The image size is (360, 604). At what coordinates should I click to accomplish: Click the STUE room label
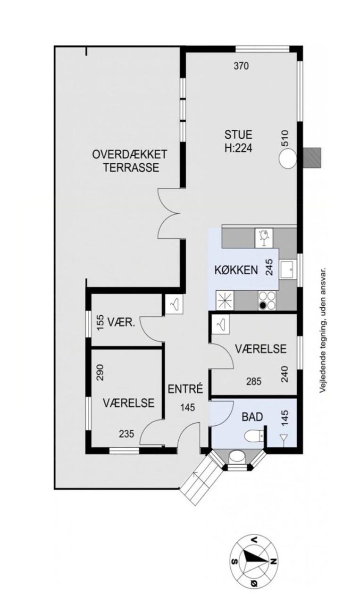pos(238,134)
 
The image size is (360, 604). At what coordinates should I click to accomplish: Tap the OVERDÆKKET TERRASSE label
pos(130,161)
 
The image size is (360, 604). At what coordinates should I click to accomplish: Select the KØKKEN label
pos(236,270)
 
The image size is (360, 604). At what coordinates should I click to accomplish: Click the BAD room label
pos(252,417)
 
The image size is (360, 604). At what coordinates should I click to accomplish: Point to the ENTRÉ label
pos(185,389)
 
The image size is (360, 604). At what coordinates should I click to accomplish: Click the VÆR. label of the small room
pos(122,323)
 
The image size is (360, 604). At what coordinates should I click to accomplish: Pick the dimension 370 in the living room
pos(241,66)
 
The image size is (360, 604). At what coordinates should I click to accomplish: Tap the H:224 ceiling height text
pos(238,148)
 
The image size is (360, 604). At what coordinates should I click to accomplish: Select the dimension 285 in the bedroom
pos(253,381)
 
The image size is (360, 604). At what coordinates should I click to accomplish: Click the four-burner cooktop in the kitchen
pos(267,300)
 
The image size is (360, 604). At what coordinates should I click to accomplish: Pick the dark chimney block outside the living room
pos(311,158)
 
